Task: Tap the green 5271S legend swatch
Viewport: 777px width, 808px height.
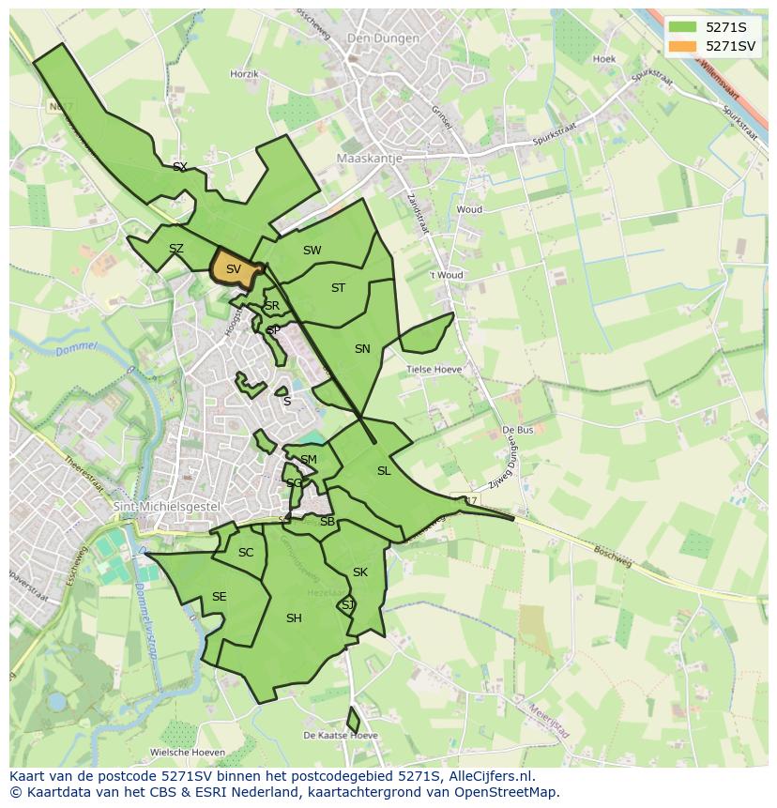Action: click(x=683, y=27)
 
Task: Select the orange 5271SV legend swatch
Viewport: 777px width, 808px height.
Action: click(x=683, y=46)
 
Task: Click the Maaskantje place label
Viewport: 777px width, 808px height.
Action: click(x=369, y=159)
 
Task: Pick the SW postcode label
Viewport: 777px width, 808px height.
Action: click(x=312, y=251)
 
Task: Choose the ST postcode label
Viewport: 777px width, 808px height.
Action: click(x=338, y=288)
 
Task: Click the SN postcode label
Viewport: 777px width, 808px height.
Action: click(x=362, y=349)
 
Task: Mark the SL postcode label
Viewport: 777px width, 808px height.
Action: click(x=384, y=471)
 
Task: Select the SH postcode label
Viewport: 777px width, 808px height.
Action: click(x=294, y=617)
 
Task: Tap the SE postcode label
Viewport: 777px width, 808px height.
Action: click(x=219, y=597)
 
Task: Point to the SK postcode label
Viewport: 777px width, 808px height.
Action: click(x=360, y=572)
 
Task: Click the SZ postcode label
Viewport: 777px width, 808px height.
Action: click(x=175, y=249)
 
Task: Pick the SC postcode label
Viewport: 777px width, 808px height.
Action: click(x=246, y=553)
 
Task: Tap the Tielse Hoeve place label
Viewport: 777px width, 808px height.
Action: click(x=434, y=370)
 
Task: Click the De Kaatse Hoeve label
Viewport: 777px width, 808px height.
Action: click(x=341, y=735)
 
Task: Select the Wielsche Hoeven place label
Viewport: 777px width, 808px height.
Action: click(x=188, y=753)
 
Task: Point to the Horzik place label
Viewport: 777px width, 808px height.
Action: click(x=244, y=73)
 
